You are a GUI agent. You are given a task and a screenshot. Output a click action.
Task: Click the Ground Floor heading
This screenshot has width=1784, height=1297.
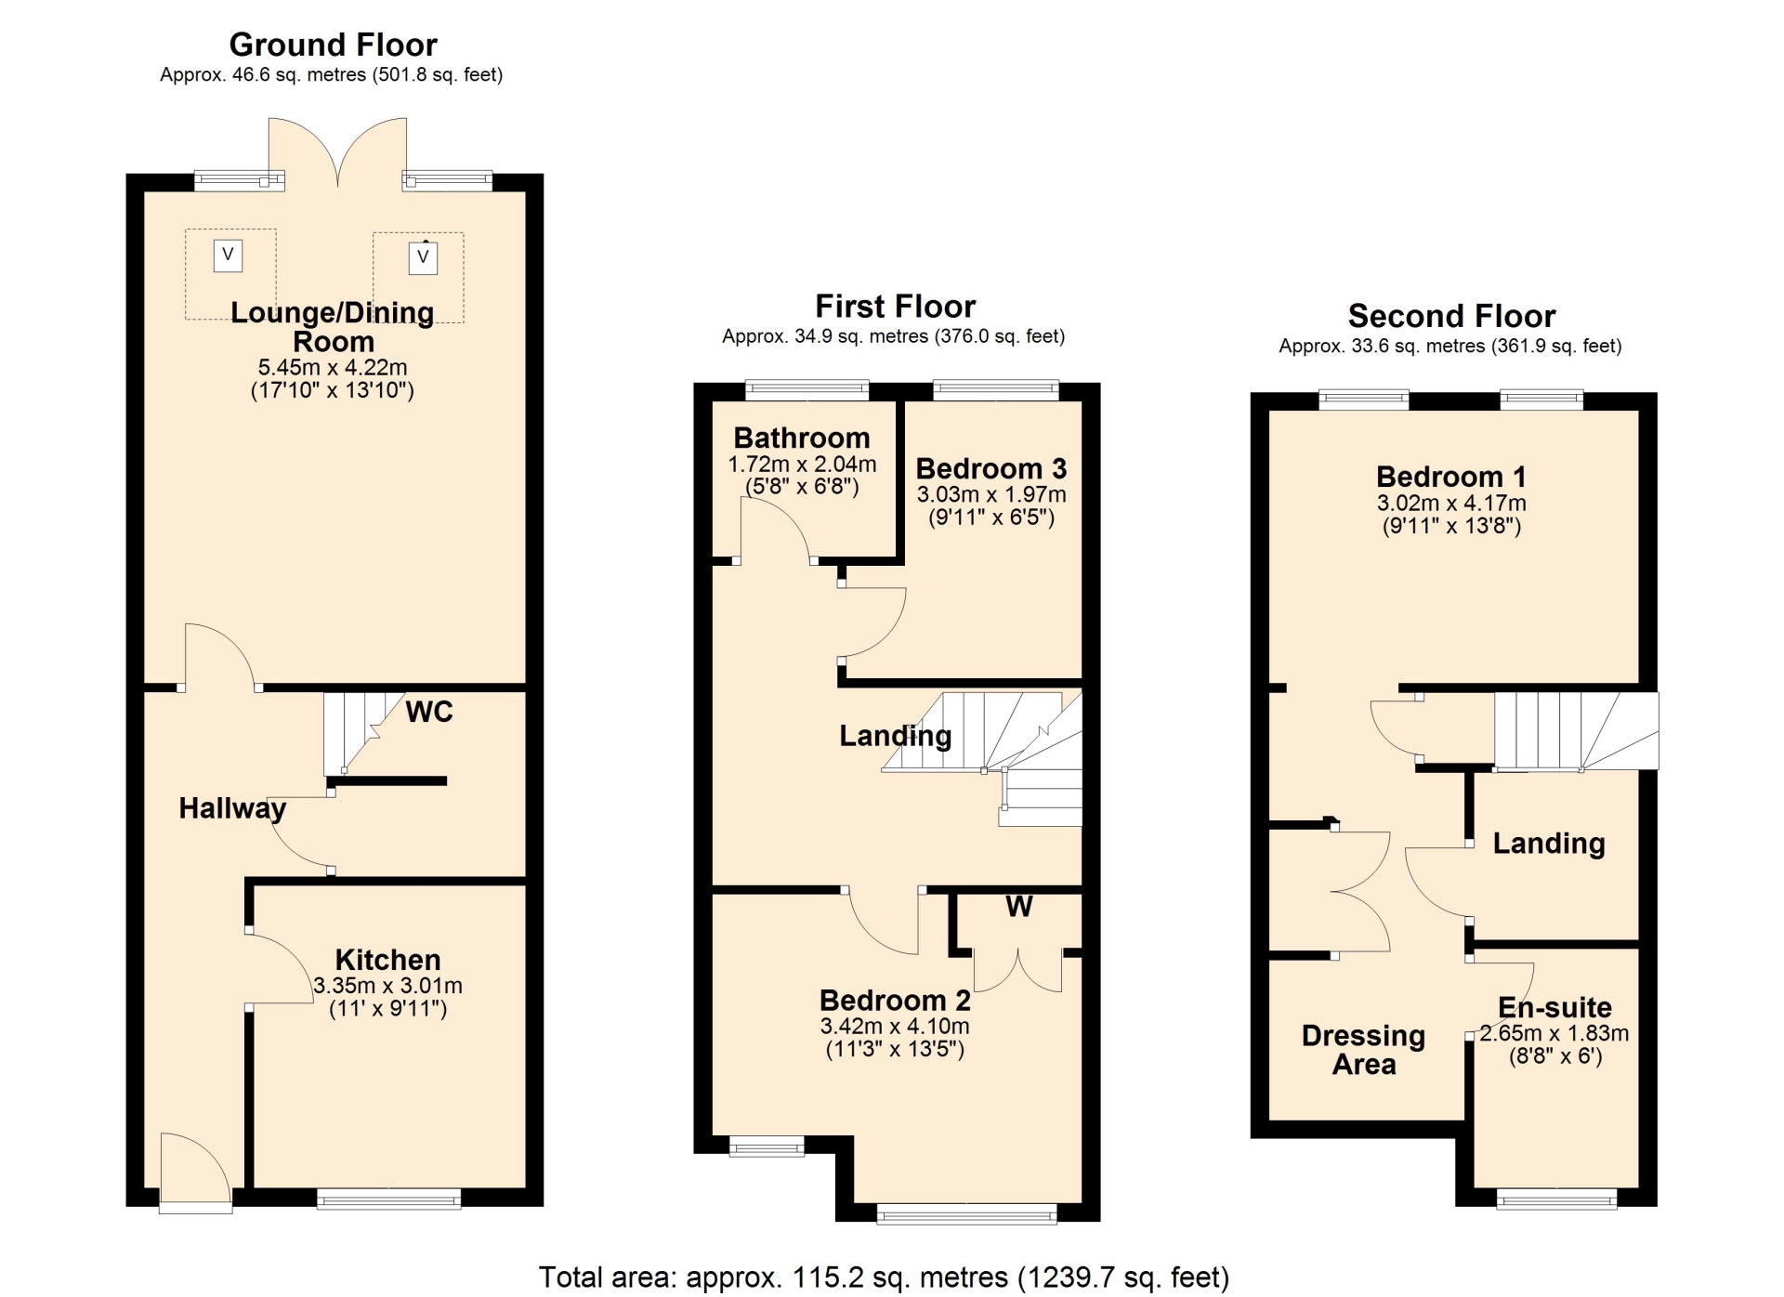tap(333, 45)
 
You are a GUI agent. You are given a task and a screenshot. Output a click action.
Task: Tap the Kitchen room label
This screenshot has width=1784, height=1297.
tap(387, 960)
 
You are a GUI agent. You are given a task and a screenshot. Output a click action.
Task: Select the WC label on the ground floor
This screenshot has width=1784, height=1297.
tap(429, 712)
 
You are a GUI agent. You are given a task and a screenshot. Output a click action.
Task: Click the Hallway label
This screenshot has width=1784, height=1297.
tap(232, 808)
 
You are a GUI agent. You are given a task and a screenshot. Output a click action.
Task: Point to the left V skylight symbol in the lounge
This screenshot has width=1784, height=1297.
tap(228, 255)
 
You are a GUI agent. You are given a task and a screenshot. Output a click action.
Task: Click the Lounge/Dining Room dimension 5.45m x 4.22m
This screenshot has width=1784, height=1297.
tap(333, 367)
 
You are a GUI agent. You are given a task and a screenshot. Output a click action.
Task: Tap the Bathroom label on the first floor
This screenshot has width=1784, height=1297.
tap(802, 438)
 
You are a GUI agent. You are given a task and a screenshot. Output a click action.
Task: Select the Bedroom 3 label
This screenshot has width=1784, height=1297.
tap(991, 468)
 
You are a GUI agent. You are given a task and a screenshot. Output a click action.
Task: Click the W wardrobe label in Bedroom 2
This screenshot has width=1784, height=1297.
tap(1019, 907)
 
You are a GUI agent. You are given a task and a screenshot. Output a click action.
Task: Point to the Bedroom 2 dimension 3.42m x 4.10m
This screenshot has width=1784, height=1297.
tap(895, 1026)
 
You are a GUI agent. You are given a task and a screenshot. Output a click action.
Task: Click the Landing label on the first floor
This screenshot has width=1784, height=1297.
tap(896, 736)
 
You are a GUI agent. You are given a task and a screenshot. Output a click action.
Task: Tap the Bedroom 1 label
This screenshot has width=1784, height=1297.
tap(1451, 477)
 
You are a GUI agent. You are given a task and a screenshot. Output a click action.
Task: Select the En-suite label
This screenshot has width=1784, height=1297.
tap(1554, 1007)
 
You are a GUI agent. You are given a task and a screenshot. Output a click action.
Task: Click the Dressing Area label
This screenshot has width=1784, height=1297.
tap(1363, 1050)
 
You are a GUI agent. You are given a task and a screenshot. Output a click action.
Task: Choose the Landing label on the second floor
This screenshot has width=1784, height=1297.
tap(1549, 843)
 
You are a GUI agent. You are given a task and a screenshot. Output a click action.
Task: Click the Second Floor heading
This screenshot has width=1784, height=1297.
tap(1451, 316)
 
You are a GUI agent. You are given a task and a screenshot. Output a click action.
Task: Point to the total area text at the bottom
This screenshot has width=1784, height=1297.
tap(884, 1277)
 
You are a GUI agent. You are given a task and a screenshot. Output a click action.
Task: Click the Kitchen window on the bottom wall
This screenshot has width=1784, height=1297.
tap(388, 1199)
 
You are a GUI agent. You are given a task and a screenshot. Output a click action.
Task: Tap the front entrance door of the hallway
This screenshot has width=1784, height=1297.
tap(195, 1173)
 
